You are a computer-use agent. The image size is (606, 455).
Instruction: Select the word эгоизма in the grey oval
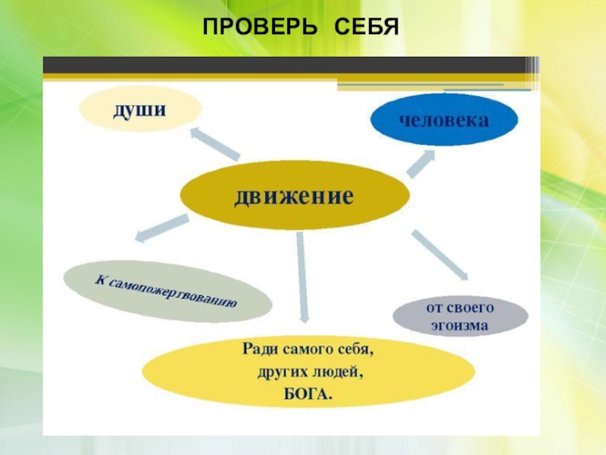tap(461, 328)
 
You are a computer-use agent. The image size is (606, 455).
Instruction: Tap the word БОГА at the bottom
tap(308, 394)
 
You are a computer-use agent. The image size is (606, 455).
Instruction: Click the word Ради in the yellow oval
tap(260, 350)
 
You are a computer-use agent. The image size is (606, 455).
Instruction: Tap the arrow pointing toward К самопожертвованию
tap(160, 227)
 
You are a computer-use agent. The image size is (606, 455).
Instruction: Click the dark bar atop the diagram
tap(288, 67)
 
